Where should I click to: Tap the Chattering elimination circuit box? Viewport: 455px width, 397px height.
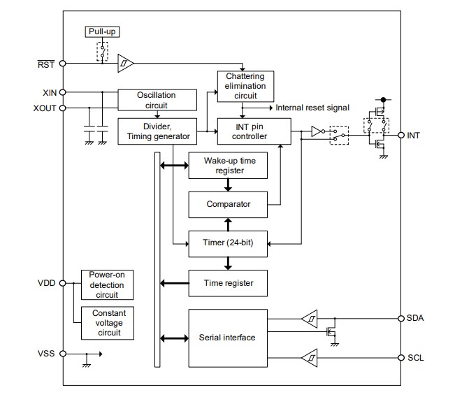point(245,86)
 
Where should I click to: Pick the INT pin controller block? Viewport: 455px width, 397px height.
point(253,131)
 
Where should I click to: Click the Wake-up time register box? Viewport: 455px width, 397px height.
point(228,165)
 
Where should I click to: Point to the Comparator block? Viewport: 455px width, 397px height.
point(228,204)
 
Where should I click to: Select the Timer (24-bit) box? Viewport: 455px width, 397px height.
point(228,243)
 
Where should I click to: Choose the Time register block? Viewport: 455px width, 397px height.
point(228,283)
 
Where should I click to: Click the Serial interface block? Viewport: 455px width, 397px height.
point(228,338)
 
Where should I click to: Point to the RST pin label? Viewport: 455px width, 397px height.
point(47,64)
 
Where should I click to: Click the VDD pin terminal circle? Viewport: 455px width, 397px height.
point(63,283)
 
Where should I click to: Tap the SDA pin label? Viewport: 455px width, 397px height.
point(415,318)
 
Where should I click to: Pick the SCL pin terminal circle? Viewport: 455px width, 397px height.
point(400,359)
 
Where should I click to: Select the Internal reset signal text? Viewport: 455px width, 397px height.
point(312,108)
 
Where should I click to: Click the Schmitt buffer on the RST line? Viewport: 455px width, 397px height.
point(125,64)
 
